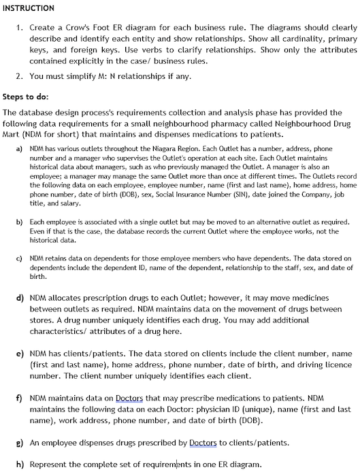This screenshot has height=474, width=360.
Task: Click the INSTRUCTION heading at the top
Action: coord(29,8)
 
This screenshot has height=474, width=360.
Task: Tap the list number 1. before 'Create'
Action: coord(20,28)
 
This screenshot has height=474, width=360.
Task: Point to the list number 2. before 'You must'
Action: coord(20,77)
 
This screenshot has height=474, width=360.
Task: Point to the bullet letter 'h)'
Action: coord(20,464)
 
